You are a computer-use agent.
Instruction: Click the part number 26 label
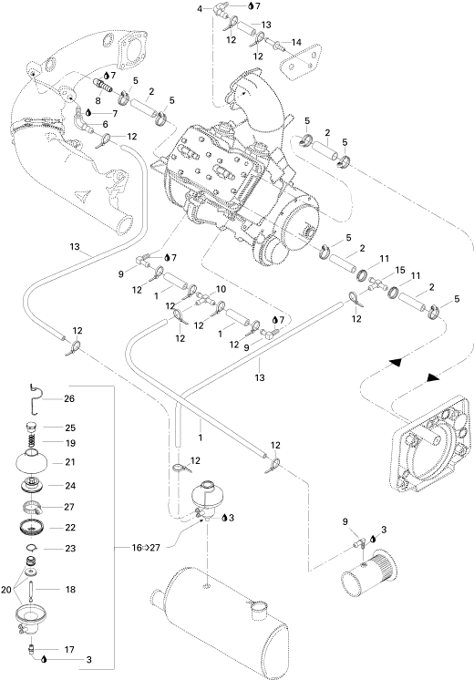[x=69, y=398]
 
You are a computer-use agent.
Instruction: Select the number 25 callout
[x=70, y=428]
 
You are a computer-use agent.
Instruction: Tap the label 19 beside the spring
[x=70, y=443]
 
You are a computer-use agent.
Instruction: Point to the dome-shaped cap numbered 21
[x=33, y=462]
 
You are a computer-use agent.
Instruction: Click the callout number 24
[x=70, y=486]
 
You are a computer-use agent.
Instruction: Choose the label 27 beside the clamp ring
[x=69, y=507]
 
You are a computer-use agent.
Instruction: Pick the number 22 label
[x=70, y=528]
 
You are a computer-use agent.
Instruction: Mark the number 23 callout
[x=70, y=548]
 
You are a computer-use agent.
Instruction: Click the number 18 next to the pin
[x=70, y=590]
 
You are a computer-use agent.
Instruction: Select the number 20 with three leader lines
[x=6, y=590]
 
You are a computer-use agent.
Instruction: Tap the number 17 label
[x=69, y=649]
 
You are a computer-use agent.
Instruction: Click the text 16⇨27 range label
[x=146, y=548]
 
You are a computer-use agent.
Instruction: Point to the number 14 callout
[x=296, y=43]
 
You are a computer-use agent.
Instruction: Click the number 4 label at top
[x=200, y=8]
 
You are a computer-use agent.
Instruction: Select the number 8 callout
[x=98, y=100]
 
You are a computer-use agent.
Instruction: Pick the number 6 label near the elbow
[x=105, y=124]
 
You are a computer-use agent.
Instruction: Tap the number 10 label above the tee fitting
[x=221, y=289]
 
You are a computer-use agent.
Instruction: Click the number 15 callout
[x=400, y=270]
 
